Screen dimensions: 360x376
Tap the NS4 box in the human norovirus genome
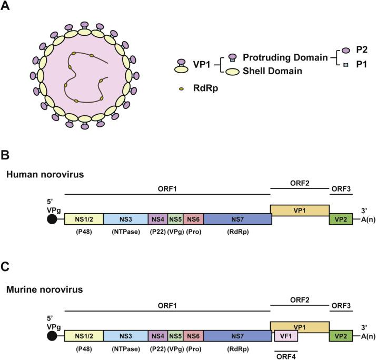coord(158,219)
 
